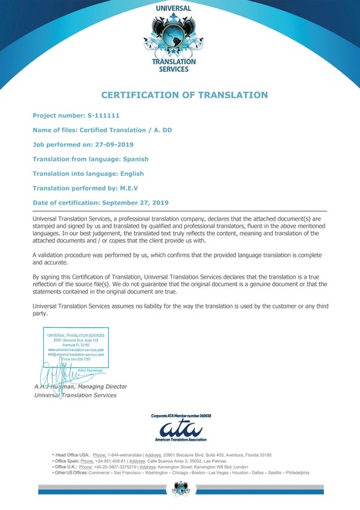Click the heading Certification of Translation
(x=184, y=95)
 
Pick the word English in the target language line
(x=139, y=173)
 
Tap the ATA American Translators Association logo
(x=180, y=429)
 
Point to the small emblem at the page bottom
(x=180, y=487)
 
